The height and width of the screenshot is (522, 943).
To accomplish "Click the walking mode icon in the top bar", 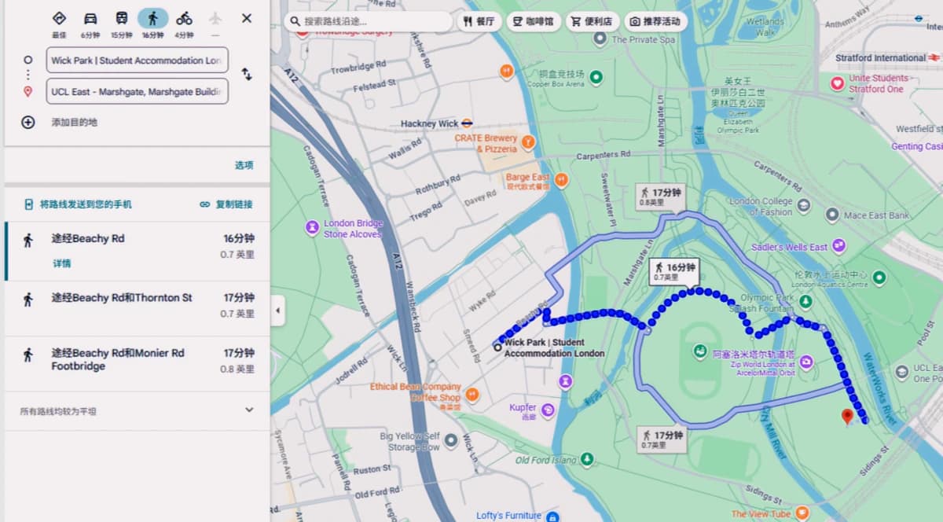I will (x=152, y=18).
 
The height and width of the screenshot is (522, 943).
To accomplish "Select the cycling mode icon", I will (x=184, y=18).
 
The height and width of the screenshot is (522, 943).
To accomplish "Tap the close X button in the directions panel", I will (x=247, y=18).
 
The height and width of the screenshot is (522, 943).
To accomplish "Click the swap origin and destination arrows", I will (x=247, y=75).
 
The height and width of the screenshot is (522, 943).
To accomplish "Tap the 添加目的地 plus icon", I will (x=28, y=122).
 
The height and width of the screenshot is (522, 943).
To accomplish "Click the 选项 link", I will (x=244, y=165).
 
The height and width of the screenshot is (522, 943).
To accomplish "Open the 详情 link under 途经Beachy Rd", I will (x=61, y=263).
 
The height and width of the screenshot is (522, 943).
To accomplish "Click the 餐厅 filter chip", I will (x=479, y=21).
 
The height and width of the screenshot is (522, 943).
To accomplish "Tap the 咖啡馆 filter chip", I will (x=534, y=21).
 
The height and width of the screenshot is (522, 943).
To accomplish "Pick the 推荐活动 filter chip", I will (x=655, y=21).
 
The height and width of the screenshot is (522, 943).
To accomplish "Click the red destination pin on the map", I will (x=847, y=416).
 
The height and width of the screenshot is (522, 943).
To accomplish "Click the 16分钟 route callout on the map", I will (x=675, y=271).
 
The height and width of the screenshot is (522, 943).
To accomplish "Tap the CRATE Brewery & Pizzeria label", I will (x=486, y=143).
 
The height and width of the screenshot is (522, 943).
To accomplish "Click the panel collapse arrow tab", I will (x=278, y=311).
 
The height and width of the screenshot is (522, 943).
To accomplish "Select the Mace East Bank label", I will (x=875, y=215).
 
